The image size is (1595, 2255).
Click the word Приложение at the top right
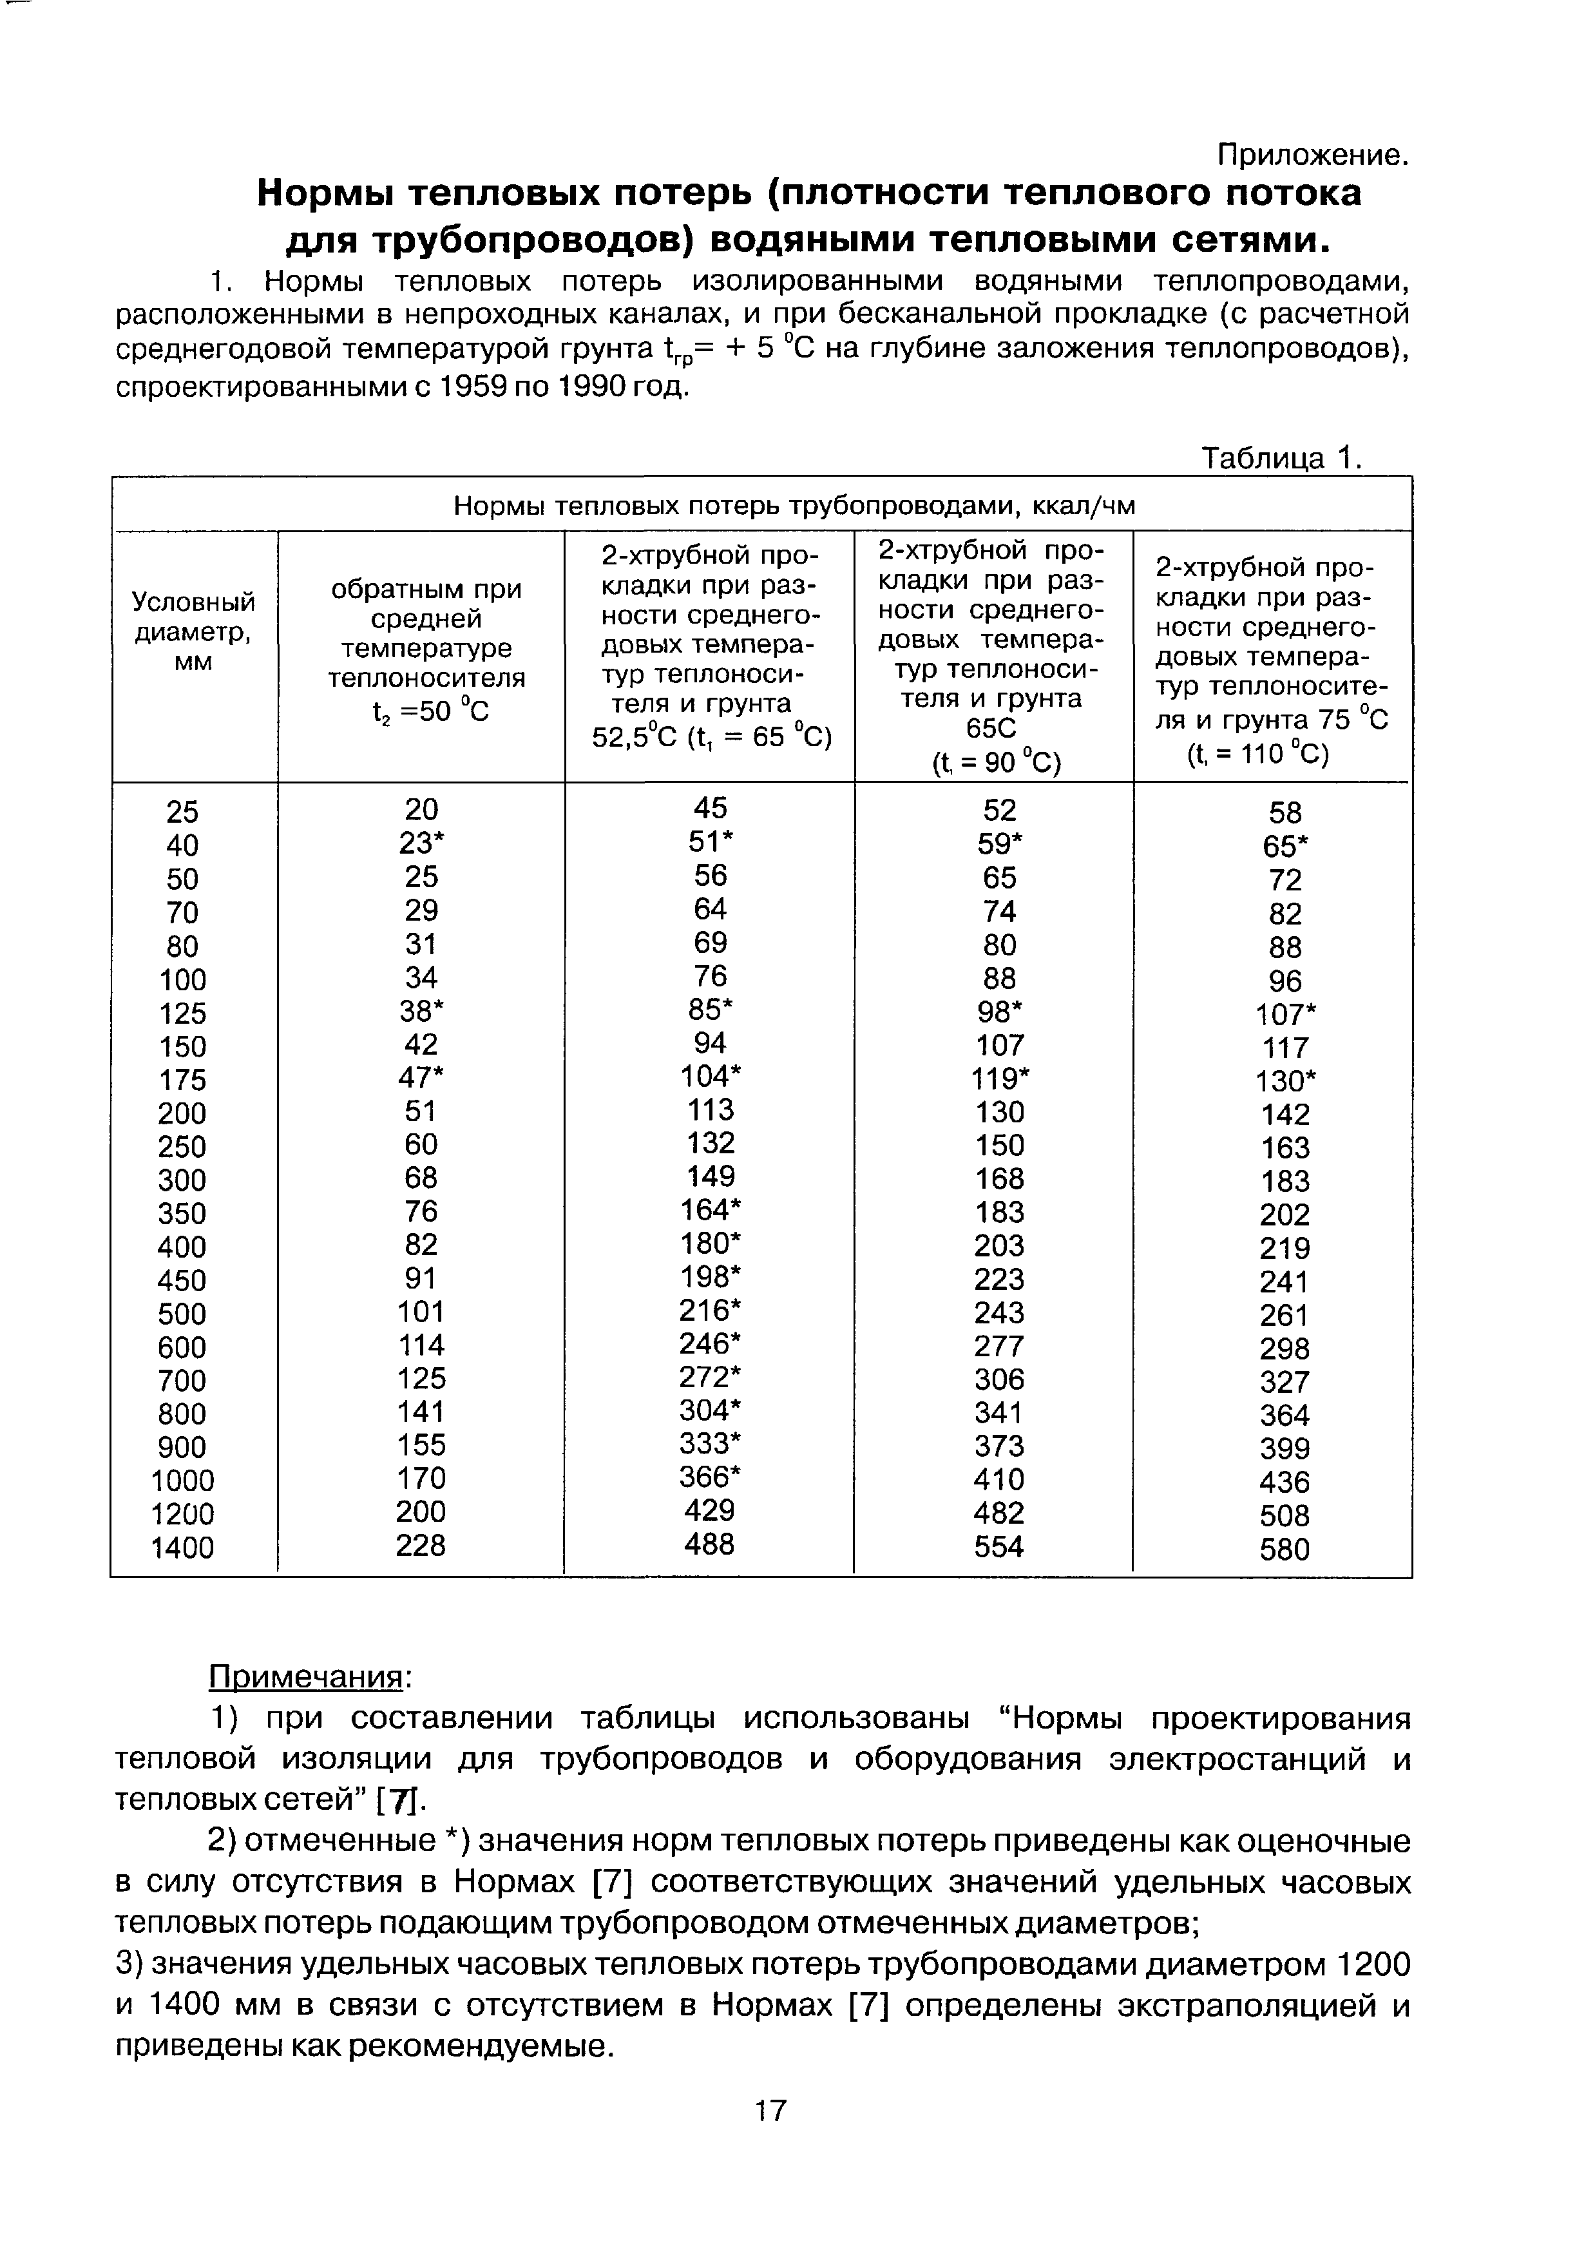point(1312,155)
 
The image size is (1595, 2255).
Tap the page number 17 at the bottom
point(771,2109)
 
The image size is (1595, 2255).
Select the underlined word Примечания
point(307,1676)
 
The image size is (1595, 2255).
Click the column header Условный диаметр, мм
point(193,631)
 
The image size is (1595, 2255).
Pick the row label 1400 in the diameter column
point(183,1548)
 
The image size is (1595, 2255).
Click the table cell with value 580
point(1285,1550)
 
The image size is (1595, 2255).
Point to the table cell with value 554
point(999,1547)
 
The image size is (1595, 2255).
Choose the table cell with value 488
point(709,1545)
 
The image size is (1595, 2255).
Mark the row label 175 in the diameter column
point(183,1080)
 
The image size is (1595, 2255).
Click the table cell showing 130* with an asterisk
point(1285,1081)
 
